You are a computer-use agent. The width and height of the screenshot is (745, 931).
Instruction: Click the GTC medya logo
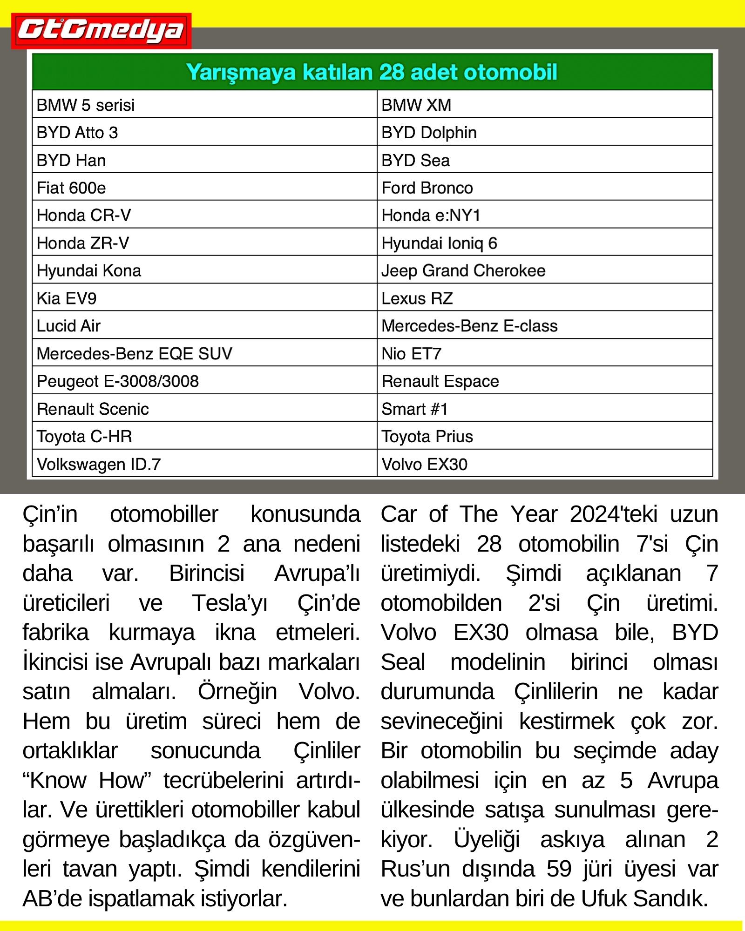pyautogui.click(x=101, y=31)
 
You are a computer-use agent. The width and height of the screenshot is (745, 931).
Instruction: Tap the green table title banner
pyautogui.click(x=372, y=72)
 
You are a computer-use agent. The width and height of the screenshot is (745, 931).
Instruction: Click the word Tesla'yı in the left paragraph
pyautogui.click(x=230, y=603)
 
